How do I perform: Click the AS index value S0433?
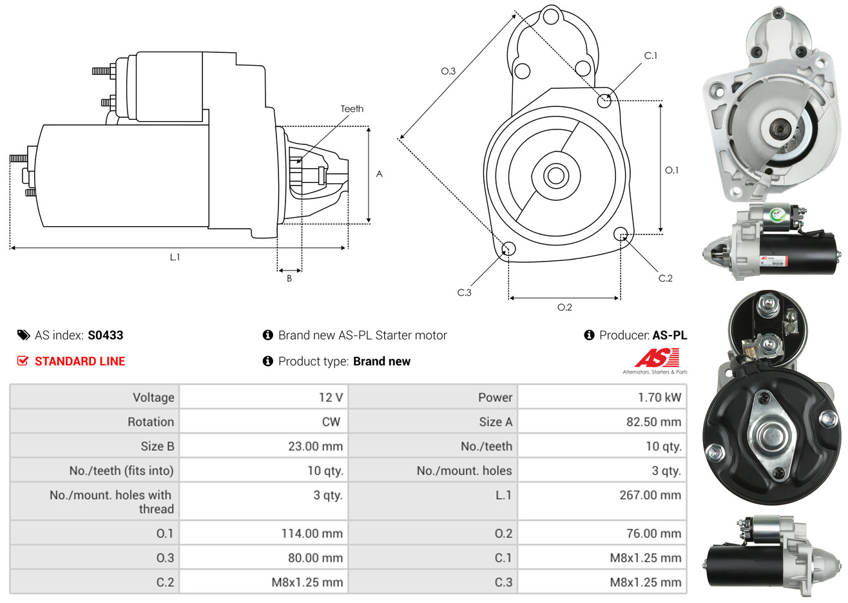(105, 335)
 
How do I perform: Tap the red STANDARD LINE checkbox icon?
(23, 361)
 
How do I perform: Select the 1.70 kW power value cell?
(659, 397)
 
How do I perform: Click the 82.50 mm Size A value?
(653, 422)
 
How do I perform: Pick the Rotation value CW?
(331, 422)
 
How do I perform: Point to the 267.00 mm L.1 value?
(650, 495)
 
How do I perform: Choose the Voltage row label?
(153, 397)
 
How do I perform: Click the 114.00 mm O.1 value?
(312, 533)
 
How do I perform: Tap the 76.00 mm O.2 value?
(653, 533)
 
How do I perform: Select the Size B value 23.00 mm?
(315, 446)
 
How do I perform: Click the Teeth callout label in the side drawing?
(352, 109)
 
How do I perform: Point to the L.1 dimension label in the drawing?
(175, 257)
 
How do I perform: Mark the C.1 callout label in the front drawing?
(651, 56)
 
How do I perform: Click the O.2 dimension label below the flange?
(564, 307)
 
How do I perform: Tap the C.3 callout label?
(464, 292)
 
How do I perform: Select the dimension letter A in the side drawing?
(379, 174)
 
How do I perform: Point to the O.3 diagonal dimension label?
(448, 71)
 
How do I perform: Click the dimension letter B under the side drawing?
(289, 278)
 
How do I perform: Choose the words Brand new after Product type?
(381, 361)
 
